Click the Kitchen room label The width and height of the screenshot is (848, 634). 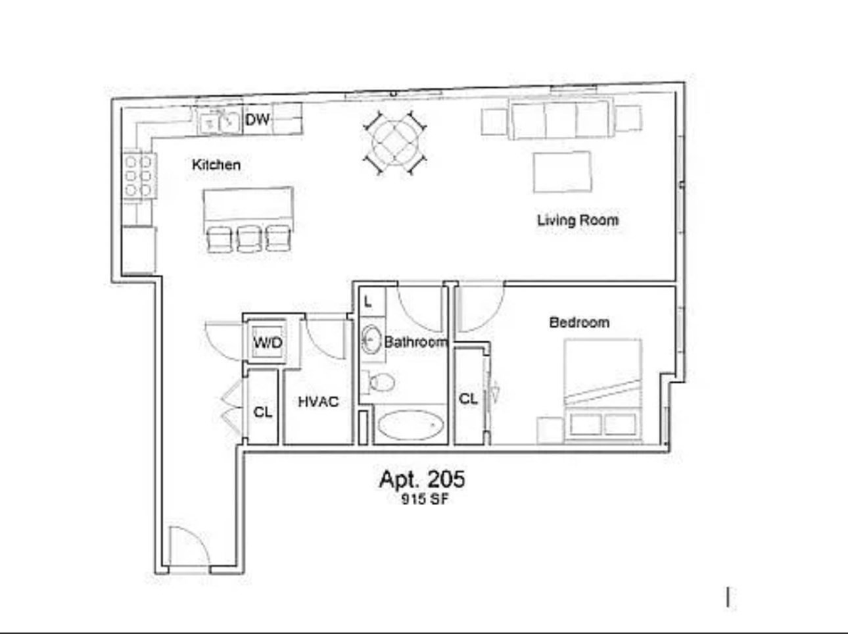[x=216, y=164]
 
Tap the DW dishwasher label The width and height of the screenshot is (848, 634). [x=257, y=120]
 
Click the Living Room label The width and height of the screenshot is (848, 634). [x=577, y=220]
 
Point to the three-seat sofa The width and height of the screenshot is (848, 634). [x=560, y=118]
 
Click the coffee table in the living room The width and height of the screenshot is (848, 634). [x=561, y=172]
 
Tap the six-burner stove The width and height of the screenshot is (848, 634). [x=139, y=176]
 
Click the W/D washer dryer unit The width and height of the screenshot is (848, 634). [x=268, y=342]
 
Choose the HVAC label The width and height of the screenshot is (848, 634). [x=318, y=401]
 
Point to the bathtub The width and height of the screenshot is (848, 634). [x=410, y=425]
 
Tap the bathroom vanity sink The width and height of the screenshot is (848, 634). [x=371, y=340]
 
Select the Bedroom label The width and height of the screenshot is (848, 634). [x=579, y=322]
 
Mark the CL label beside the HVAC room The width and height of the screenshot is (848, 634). [x=263, y=412]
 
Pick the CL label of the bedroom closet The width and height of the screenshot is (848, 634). [x=468, y=399]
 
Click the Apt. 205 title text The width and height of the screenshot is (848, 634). [x=421, y=479]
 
